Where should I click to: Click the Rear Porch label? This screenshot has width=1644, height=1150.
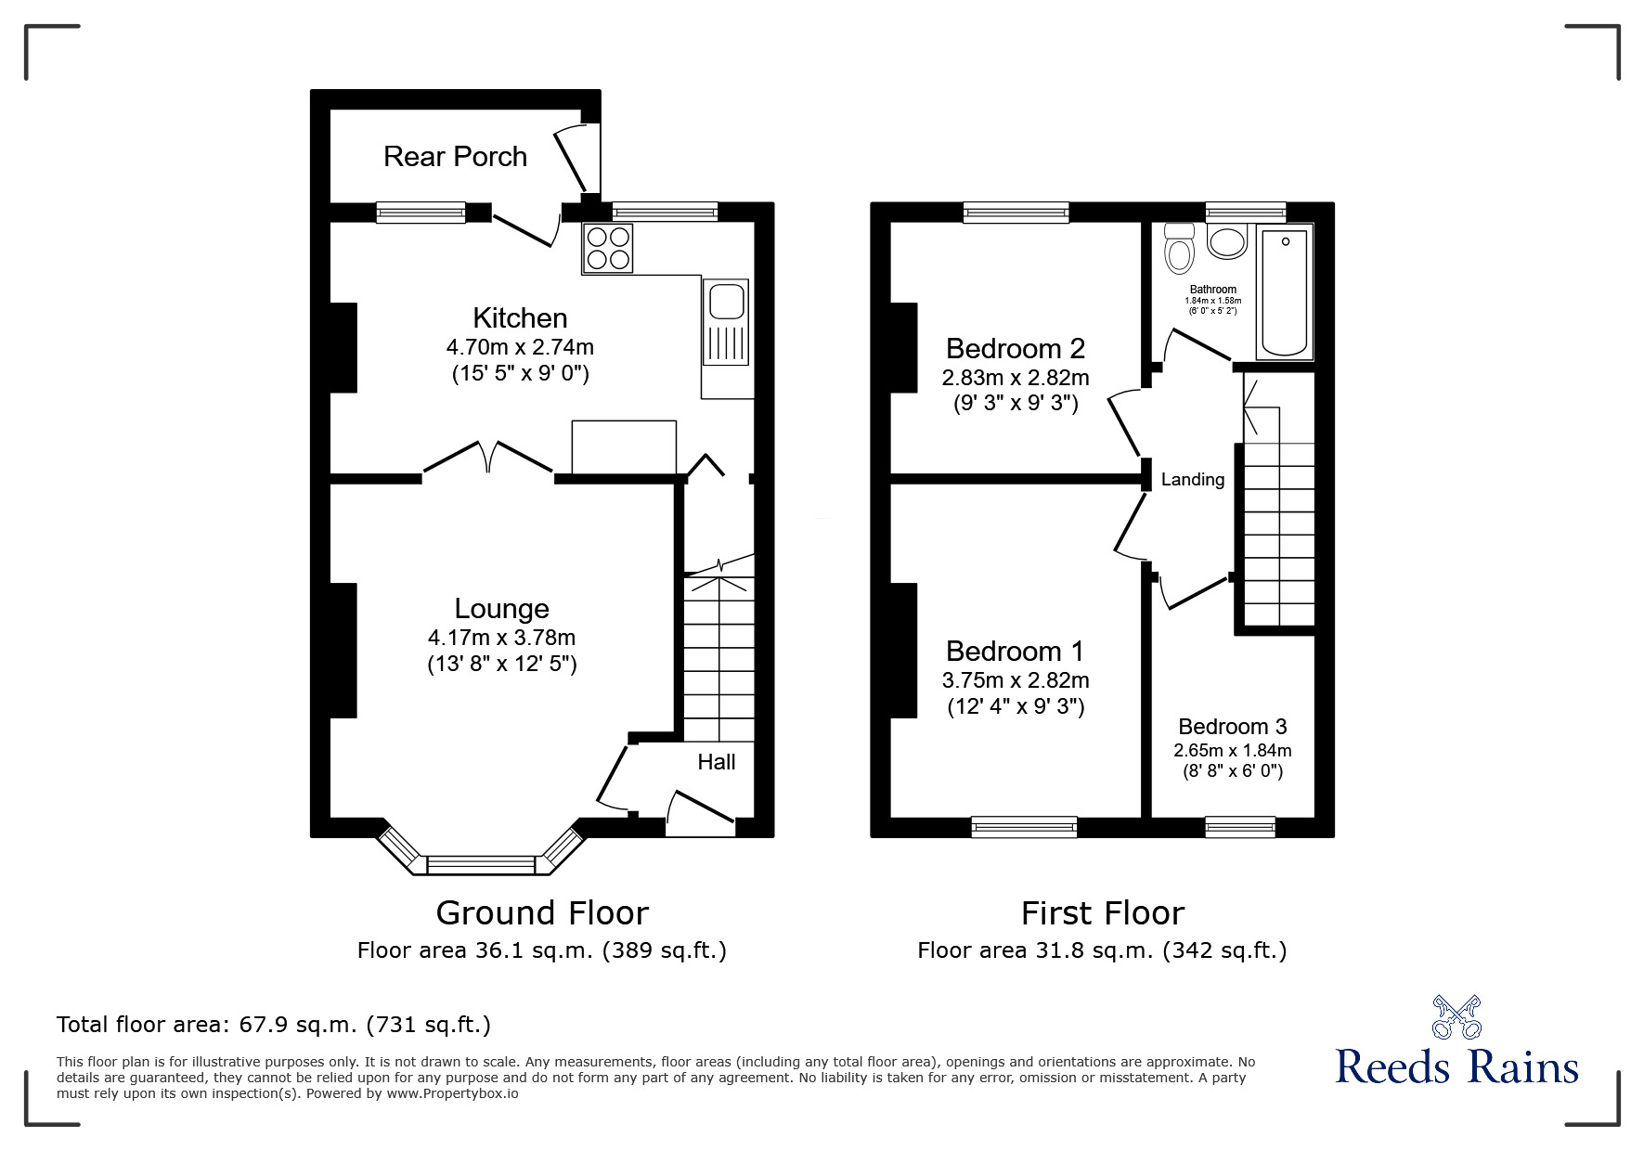455,156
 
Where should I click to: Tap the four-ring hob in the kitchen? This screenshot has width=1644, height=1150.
608,248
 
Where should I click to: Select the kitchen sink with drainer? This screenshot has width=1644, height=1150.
726,324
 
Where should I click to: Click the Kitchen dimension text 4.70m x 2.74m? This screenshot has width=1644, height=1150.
520,347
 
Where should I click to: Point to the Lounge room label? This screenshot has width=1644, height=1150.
501,608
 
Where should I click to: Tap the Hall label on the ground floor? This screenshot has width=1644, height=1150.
716,762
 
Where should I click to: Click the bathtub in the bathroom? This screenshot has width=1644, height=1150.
1285,292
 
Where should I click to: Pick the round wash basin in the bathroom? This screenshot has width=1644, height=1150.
1227,242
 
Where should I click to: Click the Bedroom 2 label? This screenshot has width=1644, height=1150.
1015,348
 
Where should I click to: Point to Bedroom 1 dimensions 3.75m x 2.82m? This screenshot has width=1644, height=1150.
1015,680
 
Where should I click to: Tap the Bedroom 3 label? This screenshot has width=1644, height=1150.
1232,726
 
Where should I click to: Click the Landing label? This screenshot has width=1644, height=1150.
1193,480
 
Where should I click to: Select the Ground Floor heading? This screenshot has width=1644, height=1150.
541,913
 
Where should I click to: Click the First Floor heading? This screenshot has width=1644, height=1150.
1102,913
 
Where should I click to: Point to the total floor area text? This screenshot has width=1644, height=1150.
274,1025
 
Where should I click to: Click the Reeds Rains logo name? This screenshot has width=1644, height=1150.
1456,1067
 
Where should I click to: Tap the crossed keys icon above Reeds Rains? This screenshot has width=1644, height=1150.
1456,1016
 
